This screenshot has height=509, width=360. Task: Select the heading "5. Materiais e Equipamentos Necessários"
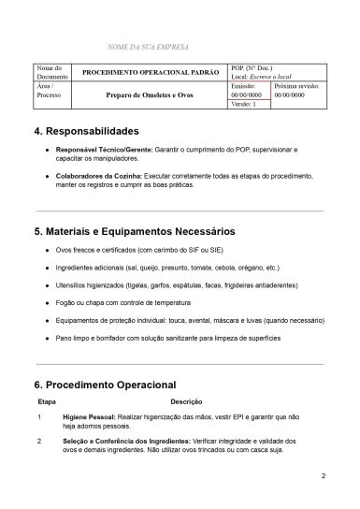pyautogui.click(x=134, y=231)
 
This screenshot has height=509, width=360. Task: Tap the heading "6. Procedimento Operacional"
pyautogui.click(x=105, y=384)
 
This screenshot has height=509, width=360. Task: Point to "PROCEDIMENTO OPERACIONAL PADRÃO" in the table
pyautogui.click(x=151, y=72)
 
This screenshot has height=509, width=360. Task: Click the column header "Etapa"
pyautogui.click(x=46, y=400)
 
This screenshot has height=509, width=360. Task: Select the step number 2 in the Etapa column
pyautogui.click(x=39, y=439)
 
